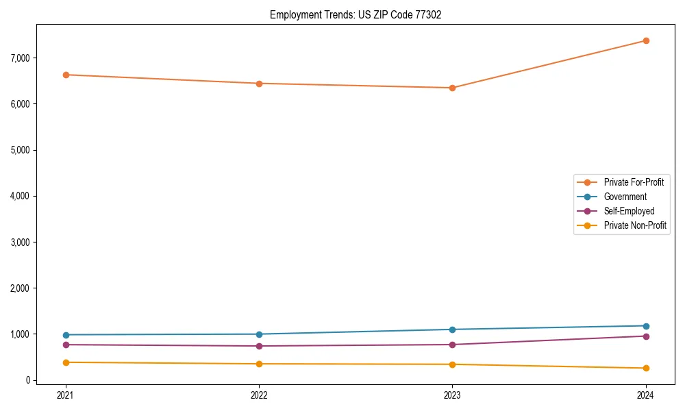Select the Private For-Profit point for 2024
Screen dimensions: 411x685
(646, 40)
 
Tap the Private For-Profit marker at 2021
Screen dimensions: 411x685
(66, 75)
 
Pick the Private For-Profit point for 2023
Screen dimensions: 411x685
(452, 88)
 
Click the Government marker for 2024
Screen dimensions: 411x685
(646, 326)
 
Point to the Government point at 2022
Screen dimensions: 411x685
(259, 334)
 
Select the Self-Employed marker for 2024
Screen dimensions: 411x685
(646, 336)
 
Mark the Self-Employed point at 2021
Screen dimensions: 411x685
(66, 345)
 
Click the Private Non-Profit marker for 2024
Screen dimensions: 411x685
(646, 369)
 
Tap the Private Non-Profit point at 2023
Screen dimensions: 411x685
(452, 364)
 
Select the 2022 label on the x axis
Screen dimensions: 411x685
(259, 395)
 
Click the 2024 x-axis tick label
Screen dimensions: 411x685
(646, 395)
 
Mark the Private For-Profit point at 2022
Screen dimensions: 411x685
(259, 84)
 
